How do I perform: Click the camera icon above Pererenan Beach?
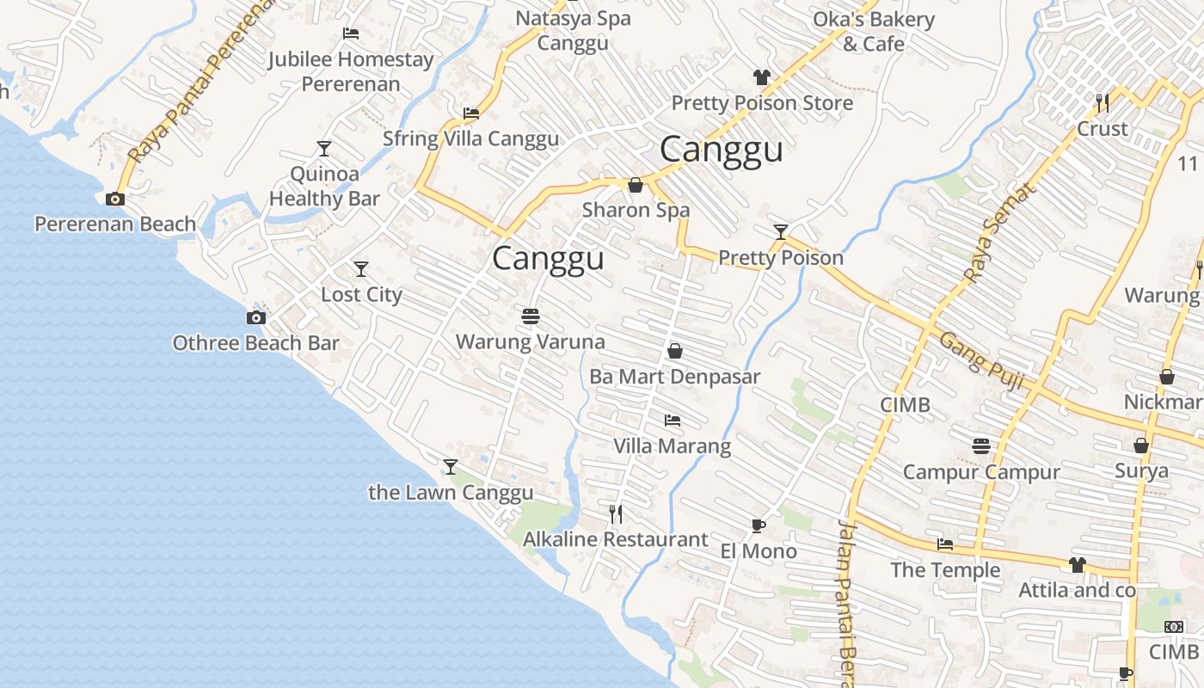[114, 200]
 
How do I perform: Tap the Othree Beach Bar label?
[256, 343]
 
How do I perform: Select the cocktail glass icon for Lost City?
[361, 269]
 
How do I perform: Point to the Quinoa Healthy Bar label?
[324, 186]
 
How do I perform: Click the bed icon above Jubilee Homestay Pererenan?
[351, 34]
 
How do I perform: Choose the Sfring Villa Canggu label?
[470, 138]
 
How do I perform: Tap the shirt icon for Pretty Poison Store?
[761, 77]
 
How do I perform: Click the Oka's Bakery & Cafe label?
[874, 31]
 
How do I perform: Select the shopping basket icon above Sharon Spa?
[636, 185]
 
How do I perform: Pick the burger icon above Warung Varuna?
[531, 316]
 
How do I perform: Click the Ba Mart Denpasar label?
[675, 377]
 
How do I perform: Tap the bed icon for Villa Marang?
[673, 421]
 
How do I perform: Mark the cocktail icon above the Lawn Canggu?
[451, 467]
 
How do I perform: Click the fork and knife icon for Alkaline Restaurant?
[616, 514]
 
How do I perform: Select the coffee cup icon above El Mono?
[758, 525]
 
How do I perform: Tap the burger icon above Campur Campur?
[981, 446]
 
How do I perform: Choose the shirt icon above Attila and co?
[1077, 565]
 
